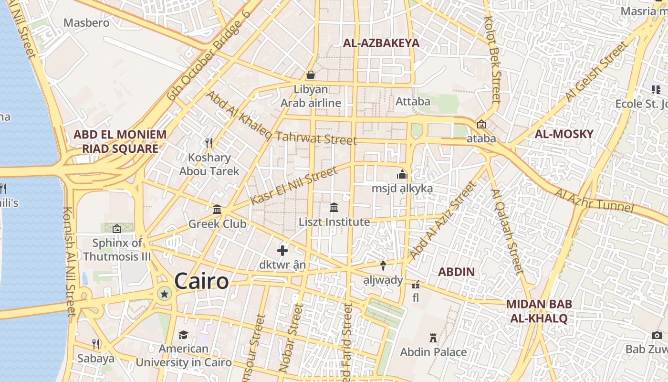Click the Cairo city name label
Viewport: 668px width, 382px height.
[201, 281]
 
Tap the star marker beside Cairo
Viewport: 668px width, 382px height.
[165, 294]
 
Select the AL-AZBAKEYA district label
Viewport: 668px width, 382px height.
[381, 43]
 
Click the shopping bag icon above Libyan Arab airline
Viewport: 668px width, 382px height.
[311, 75]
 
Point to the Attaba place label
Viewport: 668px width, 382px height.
[413, 101]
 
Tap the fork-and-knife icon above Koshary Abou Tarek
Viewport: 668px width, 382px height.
[209, 143]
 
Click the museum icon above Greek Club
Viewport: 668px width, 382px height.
[217, 209]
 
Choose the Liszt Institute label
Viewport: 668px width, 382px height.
[334, 222]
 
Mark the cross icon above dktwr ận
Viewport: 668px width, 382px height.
[282, 250]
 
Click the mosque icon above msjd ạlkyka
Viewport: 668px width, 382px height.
[402, 174]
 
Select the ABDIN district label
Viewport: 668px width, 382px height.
[457, 272]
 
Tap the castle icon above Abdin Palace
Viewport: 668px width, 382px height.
[433, 338]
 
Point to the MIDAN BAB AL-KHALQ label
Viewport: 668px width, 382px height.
[539, 311]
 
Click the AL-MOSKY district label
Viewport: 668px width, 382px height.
[564, 134]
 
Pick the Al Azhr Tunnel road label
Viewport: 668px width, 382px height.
[594, 201]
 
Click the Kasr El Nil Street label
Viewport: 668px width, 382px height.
[293, 186]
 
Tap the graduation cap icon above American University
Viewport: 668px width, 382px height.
[183, 335]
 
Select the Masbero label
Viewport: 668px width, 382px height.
[86, 22]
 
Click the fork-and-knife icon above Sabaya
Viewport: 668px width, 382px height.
[96, 344]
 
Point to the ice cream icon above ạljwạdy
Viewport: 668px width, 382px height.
[382, 265]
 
